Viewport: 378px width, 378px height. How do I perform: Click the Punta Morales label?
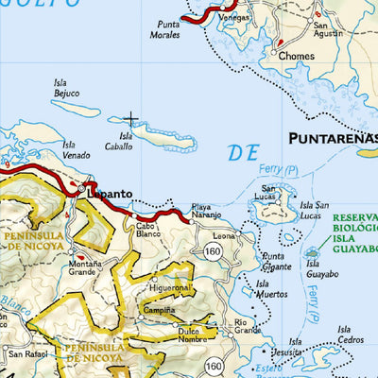[164, 29]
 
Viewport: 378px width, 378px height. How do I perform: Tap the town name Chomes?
[296, 56]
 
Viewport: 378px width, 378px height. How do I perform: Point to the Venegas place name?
[233, 15]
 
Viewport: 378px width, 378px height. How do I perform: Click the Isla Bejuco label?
[67, 88]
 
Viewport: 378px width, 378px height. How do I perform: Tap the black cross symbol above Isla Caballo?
[130, 120]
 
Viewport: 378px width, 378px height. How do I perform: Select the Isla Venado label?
[77, 149]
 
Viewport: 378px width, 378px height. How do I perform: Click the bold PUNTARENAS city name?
[332, 138]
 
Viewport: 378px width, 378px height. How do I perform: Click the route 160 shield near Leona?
[214, 250]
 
